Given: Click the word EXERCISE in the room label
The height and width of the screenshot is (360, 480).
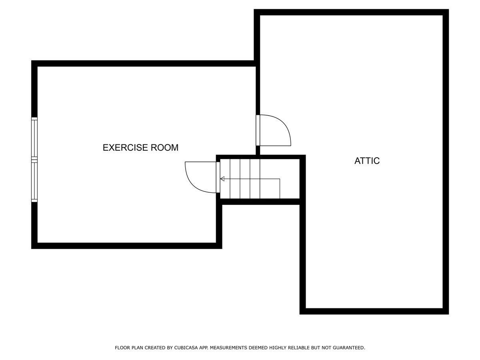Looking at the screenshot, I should [125, 148].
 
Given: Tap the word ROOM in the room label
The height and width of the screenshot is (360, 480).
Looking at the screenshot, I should [164, 148].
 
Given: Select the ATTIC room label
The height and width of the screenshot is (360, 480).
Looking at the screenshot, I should [367, 161].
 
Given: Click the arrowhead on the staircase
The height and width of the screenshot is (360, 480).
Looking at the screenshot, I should [222, 179].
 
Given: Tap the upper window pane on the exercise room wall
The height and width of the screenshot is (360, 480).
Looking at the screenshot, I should [34, 138].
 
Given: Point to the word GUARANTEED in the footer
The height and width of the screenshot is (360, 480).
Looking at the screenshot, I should [348, 348].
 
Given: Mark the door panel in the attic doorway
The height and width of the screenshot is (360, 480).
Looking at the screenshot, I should [258, 130].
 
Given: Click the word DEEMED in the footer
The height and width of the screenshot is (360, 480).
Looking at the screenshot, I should [256, 348].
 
